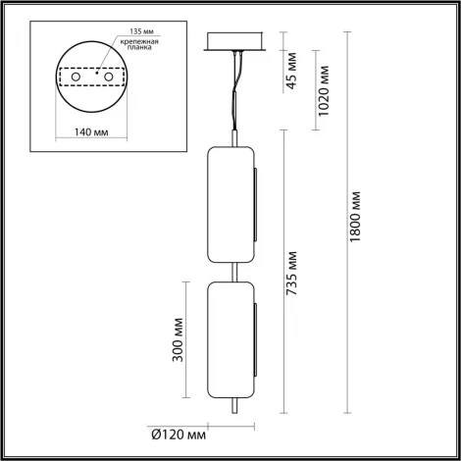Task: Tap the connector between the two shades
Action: (233, 267)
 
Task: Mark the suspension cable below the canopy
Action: (235, 93)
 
